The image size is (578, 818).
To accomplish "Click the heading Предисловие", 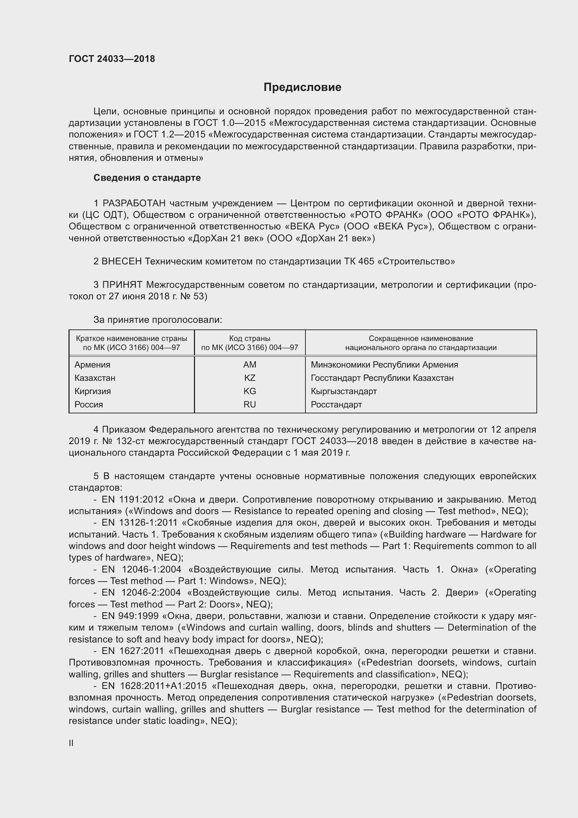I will pyautogui.click(x=302, y=87).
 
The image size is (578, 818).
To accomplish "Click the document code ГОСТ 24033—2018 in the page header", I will pyautogui.click(x=112, y=59).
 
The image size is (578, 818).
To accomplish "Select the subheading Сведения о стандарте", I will pyautogui.click(x=147, y=178).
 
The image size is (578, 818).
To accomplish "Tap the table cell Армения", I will pyautogui.click(x=92, y=365).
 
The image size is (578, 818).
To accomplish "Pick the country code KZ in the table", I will pyautogui.click(x=250, y=378).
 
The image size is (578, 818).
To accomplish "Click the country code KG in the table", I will pyautogui.click(x=250, y=391).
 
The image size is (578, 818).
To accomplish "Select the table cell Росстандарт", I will pyautogui.click(x=336, y=405).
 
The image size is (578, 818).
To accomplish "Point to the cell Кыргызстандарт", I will pyautogui.click(x=344, y=391).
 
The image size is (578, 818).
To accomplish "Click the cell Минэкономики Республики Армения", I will pyautogui.click(x=384, y=365).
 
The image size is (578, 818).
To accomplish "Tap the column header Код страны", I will pyautogui.click(x=250, y=339).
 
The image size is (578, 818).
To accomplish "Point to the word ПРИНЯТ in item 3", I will pyautogui.click(x=122, y=285).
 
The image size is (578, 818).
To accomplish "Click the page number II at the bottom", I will pyautogui.click(x=71, y=743).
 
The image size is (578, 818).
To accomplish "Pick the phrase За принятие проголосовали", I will pyautogui.click(x=157, y=320).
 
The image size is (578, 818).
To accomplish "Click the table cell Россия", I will pyautogui.click(x=89, y=405).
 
